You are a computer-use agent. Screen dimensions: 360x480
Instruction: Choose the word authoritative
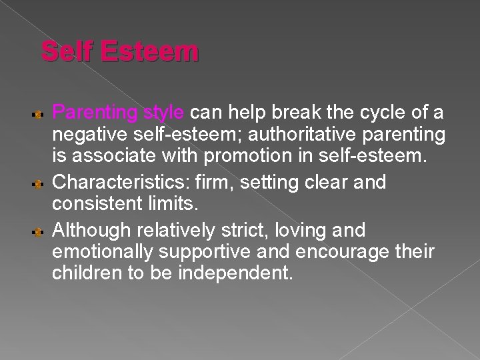304,135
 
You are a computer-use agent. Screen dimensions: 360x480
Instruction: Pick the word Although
93,231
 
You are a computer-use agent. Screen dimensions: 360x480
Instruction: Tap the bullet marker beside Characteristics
39,183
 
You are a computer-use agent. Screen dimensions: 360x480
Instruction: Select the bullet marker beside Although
39,231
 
